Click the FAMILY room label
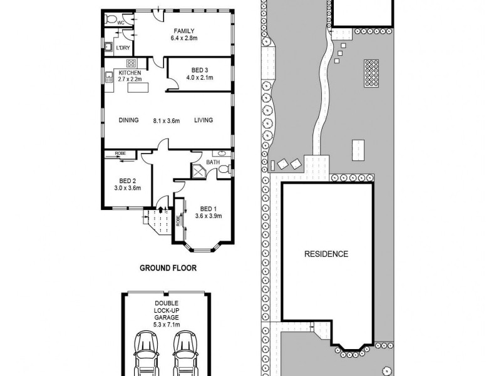185,31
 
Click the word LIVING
204,120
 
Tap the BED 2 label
127,180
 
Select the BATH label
212,162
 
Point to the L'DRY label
122,47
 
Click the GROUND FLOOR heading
168,268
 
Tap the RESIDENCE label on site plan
326,254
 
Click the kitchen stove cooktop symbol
132,63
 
